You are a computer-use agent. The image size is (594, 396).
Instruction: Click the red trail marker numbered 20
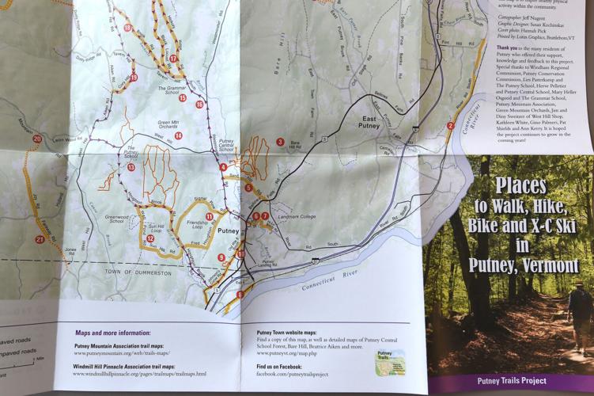tap(37, 139)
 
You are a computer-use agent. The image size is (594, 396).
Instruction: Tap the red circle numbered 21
tap(40, 239)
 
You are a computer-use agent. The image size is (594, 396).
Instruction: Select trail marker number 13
tap(131, 167)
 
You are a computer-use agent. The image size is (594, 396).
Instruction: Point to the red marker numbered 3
tap(280, 142)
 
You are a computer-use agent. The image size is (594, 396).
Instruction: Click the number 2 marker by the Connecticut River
tap(450, 125)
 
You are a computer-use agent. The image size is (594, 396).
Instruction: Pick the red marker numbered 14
tap(179, 135)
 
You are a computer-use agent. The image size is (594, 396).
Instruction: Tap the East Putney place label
tap(369, 123)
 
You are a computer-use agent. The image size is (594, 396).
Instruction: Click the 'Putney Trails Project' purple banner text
tap(512, 381)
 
